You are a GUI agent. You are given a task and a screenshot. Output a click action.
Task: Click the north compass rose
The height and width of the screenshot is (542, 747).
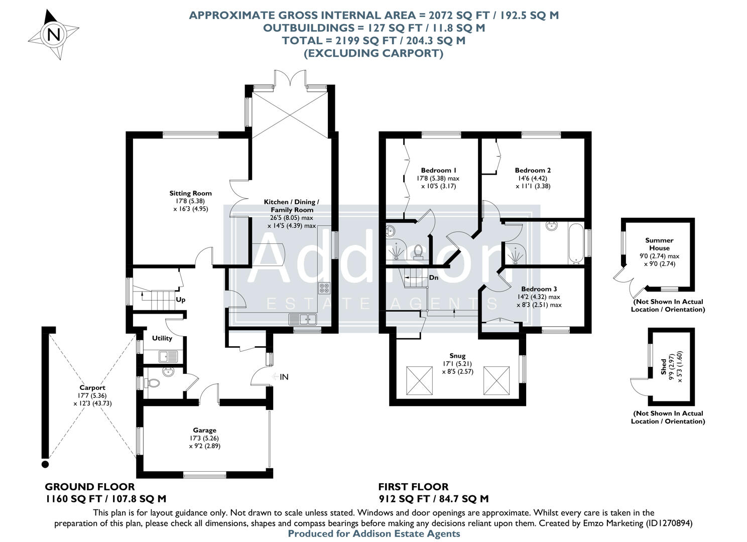tap(53, 35)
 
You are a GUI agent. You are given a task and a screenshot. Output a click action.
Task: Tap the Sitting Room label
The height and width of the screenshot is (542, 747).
tap(190, 193)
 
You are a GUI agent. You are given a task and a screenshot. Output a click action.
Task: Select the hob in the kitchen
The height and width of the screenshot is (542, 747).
tap(324, 288)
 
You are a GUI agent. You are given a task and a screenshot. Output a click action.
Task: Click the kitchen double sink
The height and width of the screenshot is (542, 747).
tap(302, 319)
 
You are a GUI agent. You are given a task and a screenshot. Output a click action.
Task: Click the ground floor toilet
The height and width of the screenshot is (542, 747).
tap(152, 383)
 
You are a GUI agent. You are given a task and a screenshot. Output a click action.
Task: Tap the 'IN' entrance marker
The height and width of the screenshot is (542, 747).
tap(284, 377)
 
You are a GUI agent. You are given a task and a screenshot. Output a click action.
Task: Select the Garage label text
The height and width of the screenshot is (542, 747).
tap(204, 430)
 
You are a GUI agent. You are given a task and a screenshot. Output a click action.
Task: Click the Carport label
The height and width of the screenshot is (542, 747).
tap(92, 387)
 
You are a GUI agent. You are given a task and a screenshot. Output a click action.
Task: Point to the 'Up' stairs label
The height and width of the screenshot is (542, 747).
tap(180, 300)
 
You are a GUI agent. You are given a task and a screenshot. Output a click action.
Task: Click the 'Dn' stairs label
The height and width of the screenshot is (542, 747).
tap(433, 278)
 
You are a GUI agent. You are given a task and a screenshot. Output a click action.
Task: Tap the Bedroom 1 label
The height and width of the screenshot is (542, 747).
tap(438, 170)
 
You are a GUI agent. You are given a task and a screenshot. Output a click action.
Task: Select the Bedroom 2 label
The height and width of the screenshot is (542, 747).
tap(533, 170)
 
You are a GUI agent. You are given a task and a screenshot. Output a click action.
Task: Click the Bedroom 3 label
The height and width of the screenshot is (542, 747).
tap(539, 289)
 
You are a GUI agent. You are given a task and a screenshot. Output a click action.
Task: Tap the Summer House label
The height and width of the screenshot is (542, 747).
tap(659, 244)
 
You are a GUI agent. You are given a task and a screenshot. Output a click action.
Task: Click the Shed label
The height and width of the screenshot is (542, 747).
tap(664, 366)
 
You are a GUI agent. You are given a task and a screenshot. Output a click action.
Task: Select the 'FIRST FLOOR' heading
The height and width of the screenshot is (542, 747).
tap(413, 487)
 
